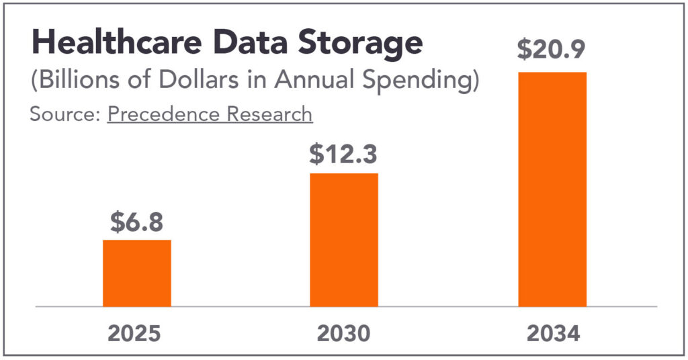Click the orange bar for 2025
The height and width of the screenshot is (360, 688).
pyautogui.click(x=136, y=273)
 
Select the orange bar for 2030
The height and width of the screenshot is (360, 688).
pyautogui.click(x=343, y=240)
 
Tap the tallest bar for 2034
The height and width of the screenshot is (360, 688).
pyautogui.click(x=552, y=189)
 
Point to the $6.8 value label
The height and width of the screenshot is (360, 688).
pyautogui.click(x=136, y=222)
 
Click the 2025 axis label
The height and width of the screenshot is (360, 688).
pyautogui.click(x=136, y=334)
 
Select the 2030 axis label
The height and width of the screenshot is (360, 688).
pyautogui.click(x=343, y=334)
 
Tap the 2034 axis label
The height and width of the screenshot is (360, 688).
pyautogui.click(x=552, y=334)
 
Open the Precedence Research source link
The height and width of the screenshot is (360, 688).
pyautogui.click(x=210, y=114)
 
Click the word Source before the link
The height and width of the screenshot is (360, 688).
pyautogui.click(x=62, y=114)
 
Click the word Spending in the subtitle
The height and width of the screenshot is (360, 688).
pyautogui.click(x=423, y=82)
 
